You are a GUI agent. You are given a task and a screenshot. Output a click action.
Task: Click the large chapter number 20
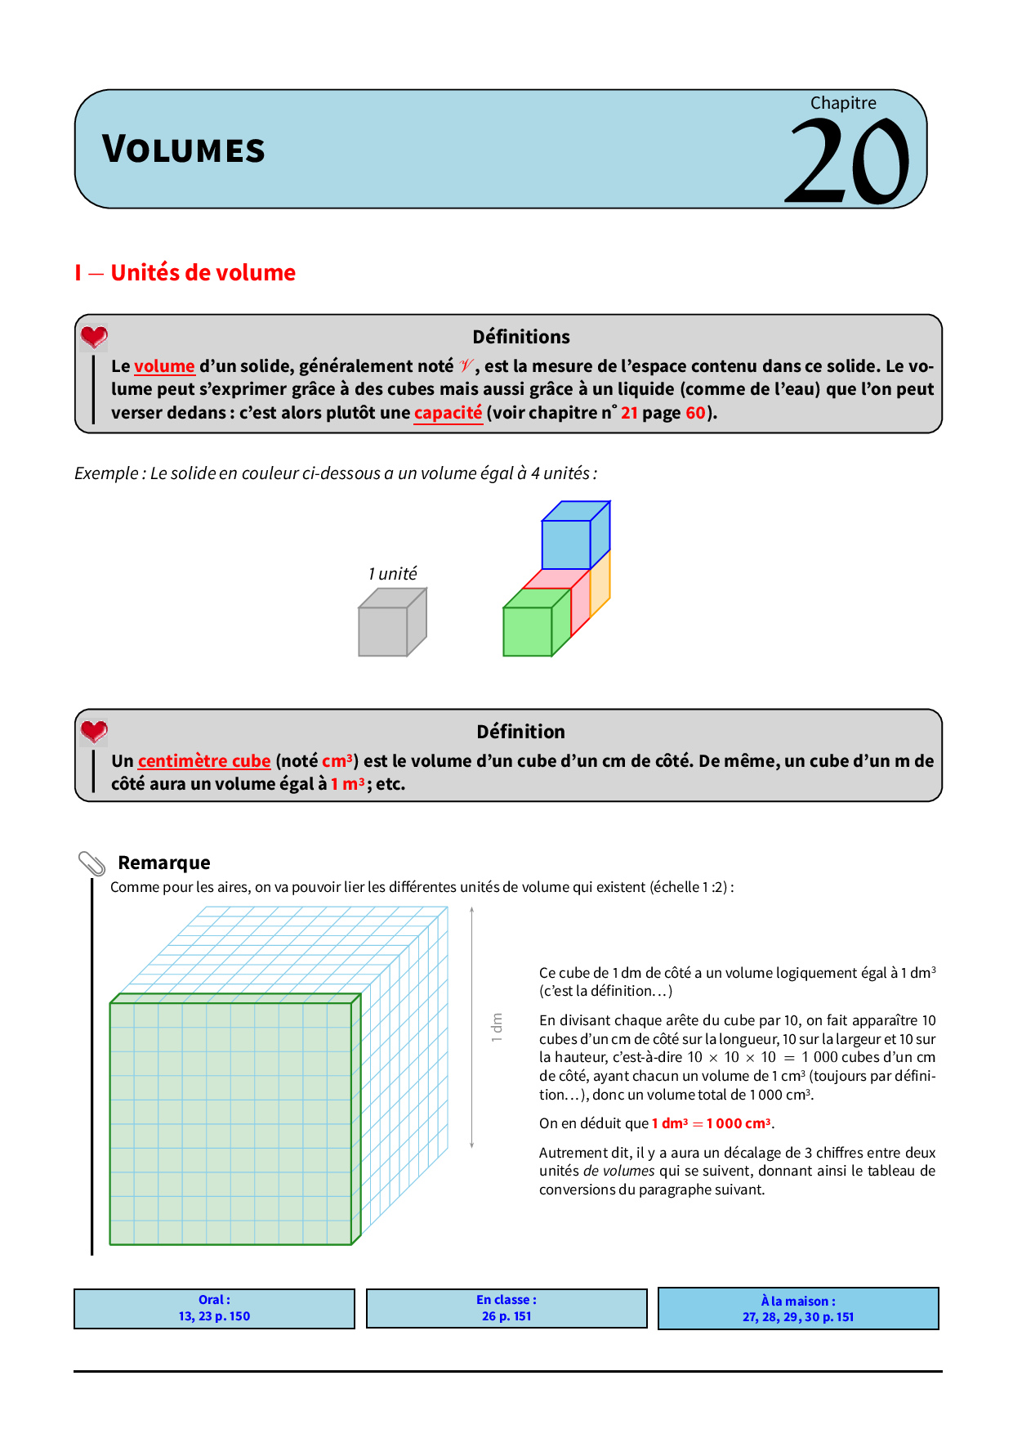(848, 162)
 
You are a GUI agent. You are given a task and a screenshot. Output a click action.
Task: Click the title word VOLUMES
(184, 150)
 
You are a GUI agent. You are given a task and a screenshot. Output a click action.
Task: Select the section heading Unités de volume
(203, 272)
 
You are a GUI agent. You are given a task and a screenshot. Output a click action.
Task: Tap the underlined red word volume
(164, 366)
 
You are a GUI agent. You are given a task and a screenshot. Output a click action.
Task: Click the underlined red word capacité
(448, 413)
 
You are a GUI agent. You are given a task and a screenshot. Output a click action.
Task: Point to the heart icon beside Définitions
(94, 336)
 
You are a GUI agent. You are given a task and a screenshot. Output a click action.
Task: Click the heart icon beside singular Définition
(94, 731)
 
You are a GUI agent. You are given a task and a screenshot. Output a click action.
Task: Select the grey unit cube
(384, 631)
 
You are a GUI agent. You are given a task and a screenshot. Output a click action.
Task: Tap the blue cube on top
(567, 544)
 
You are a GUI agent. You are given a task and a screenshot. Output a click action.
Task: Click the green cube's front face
(527, 631)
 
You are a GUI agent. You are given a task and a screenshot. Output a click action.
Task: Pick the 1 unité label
(392, 574)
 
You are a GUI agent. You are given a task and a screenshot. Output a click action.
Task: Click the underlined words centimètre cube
(204, 761)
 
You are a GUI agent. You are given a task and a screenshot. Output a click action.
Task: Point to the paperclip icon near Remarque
(91, 863)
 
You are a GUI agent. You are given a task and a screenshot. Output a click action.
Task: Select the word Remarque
(164, 863)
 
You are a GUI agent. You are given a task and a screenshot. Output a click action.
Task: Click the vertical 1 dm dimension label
(497, 1027)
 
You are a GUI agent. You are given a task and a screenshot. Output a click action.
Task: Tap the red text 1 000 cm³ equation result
(739, 1123)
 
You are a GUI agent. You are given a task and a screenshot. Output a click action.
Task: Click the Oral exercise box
(214, 1308)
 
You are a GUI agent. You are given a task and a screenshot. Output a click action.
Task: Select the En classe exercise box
(506, 1308)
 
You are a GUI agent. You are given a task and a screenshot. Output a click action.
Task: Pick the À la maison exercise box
(798, 1309)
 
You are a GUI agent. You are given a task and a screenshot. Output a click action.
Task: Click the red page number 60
(695, 413)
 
